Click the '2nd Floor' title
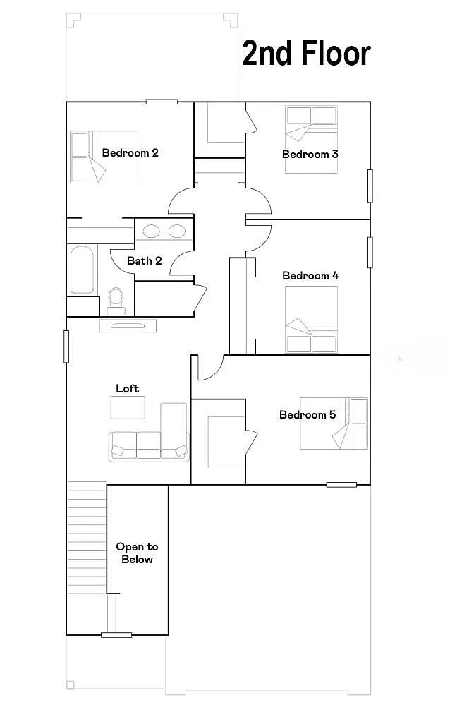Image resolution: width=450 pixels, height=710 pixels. (x=307, y=53)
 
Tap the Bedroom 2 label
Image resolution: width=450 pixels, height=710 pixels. (x=130, y=153)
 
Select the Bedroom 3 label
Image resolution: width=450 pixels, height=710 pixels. (x=310, y=155)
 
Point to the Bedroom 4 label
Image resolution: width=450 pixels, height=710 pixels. (x=310, y=276)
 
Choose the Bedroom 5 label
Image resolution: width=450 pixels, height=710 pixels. (x=308, y=415)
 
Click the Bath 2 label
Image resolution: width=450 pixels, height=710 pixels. (x=145, y=261)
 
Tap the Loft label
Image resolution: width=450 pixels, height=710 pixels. (x=127, y=388)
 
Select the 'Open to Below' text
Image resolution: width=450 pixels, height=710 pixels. (x=137, y=553)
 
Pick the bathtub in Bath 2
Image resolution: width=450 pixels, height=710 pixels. (x=82, y=270)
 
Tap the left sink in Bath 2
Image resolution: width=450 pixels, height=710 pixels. (x=151, y=231)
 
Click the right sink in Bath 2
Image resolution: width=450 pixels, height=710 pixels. (x=177, y=231)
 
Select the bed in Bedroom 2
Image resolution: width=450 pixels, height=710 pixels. (x=104, y=157)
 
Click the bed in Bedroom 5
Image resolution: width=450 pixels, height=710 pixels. (x=334, y=423)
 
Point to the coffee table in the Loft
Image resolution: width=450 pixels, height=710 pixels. (x=128, y=407)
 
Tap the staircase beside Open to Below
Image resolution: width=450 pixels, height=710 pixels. (x=87, y=538)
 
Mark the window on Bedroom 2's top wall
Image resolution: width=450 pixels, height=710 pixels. (x=162, y=102)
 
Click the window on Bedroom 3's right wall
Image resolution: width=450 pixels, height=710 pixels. (x=370, y=186)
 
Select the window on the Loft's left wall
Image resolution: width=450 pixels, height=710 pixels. (x=66, y=347)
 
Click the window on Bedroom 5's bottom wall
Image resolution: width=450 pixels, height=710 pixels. (x=342, y=485)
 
